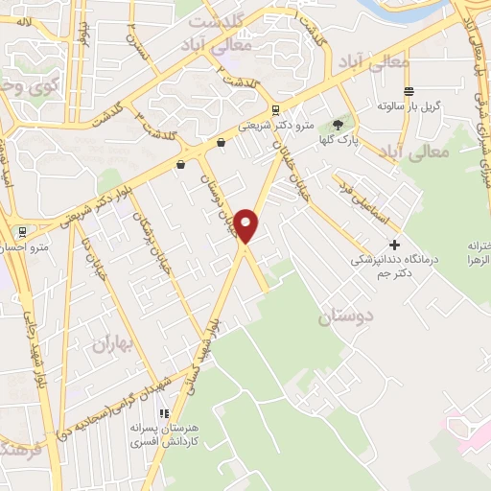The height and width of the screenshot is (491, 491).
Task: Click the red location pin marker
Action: click(247, 225)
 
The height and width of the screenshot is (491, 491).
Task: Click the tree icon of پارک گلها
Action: click(337, 125)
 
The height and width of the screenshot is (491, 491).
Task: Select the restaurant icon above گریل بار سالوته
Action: click(409, 91)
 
